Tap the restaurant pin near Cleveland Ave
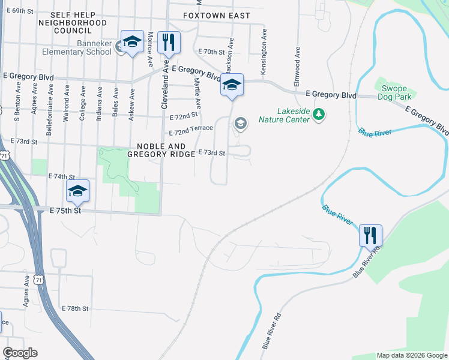coord(168,42)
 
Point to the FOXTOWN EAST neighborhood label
coord(216,15)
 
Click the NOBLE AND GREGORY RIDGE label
coord(161,150)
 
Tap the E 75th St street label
coord(65,211)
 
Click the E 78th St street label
coord(75,308)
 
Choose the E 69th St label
coord(20,11)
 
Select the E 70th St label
coord(210,52)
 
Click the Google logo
coord(20,353)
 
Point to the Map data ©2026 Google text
coord(411,355)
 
